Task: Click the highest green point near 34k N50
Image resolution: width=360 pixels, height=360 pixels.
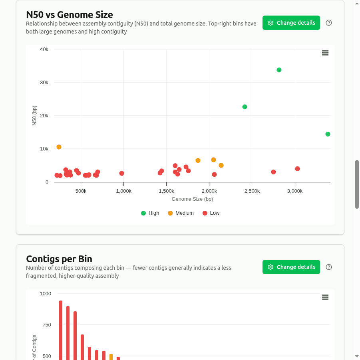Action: point(279,70)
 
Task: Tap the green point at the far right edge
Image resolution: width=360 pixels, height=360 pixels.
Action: point(328,134)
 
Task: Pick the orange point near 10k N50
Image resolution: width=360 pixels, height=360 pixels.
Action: point(59,147)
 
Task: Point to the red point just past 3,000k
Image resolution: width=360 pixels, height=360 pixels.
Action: point(297,169)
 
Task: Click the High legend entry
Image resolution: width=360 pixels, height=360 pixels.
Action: point(150,213)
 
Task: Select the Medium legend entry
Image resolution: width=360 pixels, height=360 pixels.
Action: point(181,213)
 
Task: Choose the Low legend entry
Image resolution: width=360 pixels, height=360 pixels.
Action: point(211,213)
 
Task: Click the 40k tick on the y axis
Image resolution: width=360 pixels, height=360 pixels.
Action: point(44,49)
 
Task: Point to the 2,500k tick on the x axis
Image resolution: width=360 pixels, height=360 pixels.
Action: point(252,191)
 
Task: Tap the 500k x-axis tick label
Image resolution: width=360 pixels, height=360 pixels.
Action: point(81,191)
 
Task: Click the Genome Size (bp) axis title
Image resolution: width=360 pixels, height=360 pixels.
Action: point(192,199)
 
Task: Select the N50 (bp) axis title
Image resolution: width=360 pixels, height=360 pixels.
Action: point(34,116)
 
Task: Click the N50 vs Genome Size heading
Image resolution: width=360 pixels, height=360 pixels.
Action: point(70,15)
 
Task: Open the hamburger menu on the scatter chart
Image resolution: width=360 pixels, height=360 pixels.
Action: point(325,53)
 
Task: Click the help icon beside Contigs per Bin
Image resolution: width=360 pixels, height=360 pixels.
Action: point(329,267)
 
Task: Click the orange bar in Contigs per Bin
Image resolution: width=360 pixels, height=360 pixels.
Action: point(111,357)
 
